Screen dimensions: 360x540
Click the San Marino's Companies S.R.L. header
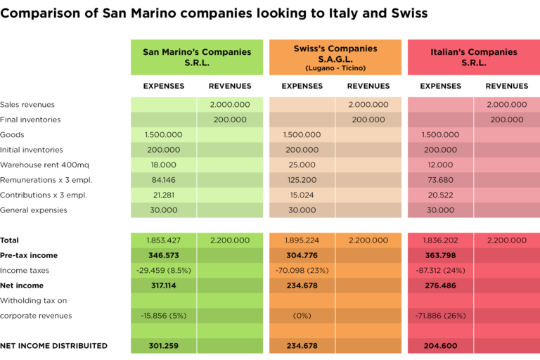click(197, 57)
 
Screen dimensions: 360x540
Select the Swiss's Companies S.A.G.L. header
click(335, 54)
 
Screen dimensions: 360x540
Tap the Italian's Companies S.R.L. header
click(473, 57)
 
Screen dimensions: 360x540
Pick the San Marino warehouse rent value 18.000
click(164, 165)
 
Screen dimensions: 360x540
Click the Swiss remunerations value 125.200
click(302, 180)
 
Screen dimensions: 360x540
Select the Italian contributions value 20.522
click(440, 195)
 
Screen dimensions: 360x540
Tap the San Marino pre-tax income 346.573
click(164, 255)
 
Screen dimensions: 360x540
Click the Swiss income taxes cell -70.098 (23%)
click(302, 270)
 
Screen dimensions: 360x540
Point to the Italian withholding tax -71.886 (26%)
click(440, 316)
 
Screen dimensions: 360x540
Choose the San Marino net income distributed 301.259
click(164, 346)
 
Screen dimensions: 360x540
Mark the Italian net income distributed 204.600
click(440, 346)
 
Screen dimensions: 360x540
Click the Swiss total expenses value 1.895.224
click(302, 240)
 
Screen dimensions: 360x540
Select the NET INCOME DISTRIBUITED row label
click(53, 346)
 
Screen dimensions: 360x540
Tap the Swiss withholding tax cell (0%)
click(302, 316)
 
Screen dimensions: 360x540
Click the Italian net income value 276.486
click(440, 285)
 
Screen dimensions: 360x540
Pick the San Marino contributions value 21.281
click(164, 195)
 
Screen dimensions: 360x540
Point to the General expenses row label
click(34, 210)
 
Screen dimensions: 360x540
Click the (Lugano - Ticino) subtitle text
click(335, 68)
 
